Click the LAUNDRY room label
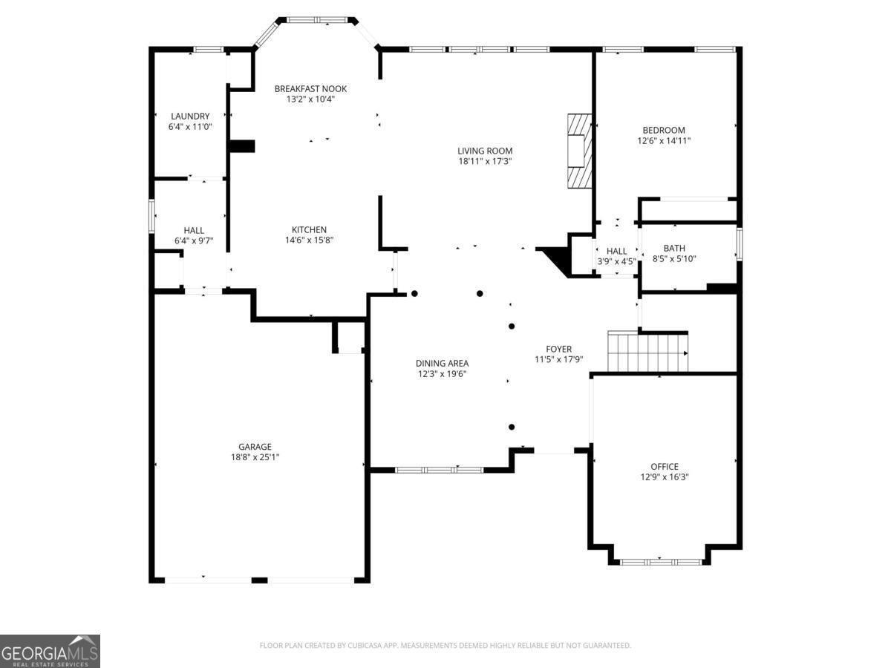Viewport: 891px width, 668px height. point(190,116)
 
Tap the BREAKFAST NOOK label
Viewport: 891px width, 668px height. point(310,88)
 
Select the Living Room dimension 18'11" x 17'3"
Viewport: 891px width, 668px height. point(485,160)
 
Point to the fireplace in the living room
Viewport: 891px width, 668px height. point(579,153)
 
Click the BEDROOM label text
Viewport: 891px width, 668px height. point(664,130)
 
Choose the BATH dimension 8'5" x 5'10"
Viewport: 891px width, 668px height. point(674,259)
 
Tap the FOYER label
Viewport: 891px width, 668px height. point(559,349)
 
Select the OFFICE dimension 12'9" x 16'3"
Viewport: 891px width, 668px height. point(664,477)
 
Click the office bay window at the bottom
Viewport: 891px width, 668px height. point(661,562)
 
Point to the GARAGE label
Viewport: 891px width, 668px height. point(255,447)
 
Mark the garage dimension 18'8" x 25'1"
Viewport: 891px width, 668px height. point(255,457)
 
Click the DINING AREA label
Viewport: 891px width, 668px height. point(442,363)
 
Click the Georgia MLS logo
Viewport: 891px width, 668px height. point(50,651)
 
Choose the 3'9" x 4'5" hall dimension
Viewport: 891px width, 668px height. point(616,261)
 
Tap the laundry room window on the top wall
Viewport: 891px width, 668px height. point(209,50)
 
